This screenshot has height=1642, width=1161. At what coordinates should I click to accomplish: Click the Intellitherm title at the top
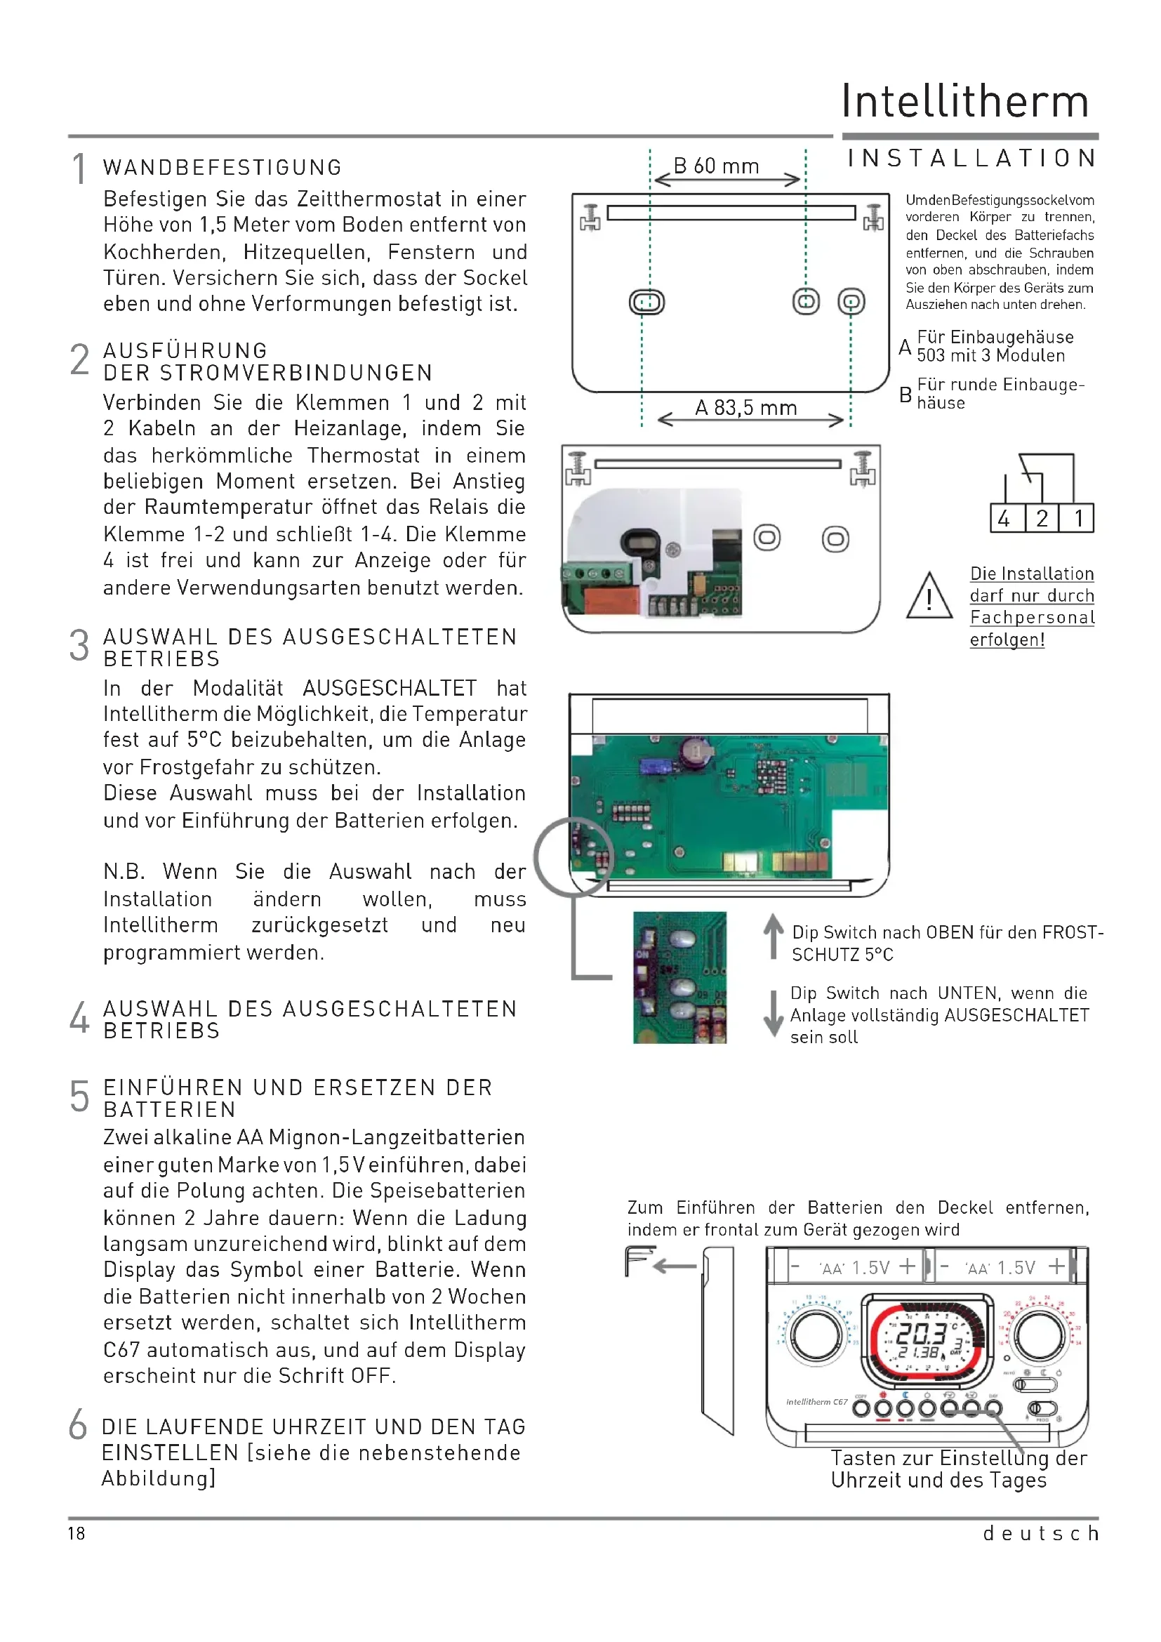pyautogui.click(x=965, y=101)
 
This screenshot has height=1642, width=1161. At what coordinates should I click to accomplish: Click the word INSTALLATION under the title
pyautogui.click(x=971, y=158)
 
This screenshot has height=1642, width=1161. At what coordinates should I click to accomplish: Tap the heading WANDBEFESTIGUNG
pyautogui.click(x=223, y=167)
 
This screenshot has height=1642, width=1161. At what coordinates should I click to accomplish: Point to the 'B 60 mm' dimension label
pyautogui.click(x=717, y=166)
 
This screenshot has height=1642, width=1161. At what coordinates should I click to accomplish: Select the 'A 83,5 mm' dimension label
pyautogui.click(x=745, y=408)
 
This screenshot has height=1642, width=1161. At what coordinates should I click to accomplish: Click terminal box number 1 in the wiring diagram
pyautogui.click(x=1078, y=518)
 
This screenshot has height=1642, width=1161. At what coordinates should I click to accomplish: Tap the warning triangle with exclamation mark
pyautogui.click(x=929, y=597)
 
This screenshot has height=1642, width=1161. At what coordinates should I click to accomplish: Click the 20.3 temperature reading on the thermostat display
pyautogui.click(x=922, y=1333)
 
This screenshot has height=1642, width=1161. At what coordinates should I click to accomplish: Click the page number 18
pyautogui.click(x=77, y=1533)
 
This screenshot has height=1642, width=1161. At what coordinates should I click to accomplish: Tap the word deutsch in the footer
pyautogui.click(x=1040, y=1533)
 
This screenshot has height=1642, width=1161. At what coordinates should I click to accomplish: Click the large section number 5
pyautogui.click(x=79, y=1097)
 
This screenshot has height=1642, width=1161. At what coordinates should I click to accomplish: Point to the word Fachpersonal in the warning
pyautogui.click(x=1032, y=618)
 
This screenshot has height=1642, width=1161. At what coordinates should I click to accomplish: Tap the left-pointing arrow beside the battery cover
pyautogui.click(x=674, y=1266)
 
